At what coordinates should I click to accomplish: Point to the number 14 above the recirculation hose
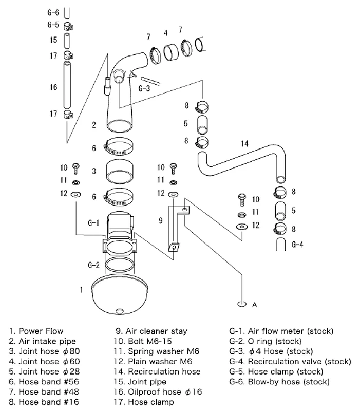tap(244, 144)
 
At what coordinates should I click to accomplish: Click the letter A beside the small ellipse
tap(254, 305)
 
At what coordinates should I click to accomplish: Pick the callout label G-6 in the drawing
tap(53, 11)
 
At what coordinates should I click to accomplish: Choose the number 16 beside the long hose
tap(53, 87)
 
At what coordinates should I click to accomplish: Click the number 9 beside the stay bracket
tap(160, 221)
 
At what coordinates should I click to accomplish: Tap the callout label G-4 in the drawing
tap(297, 245)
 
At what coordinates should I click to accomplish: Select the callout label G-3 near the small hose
tap(144, 88)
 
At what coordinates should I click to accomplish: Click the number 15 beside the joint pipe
tap(53, 40)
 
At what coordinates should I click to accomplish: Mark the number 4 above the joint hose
tap(165, 33)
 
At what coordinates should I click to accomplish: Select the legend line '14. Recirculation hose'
tap(157, 371)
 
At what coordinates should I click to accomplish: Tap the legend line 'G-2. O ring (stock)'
tap(267, 341)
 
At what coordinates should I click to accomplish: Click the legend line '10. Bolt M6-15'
tap(146, 341)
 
